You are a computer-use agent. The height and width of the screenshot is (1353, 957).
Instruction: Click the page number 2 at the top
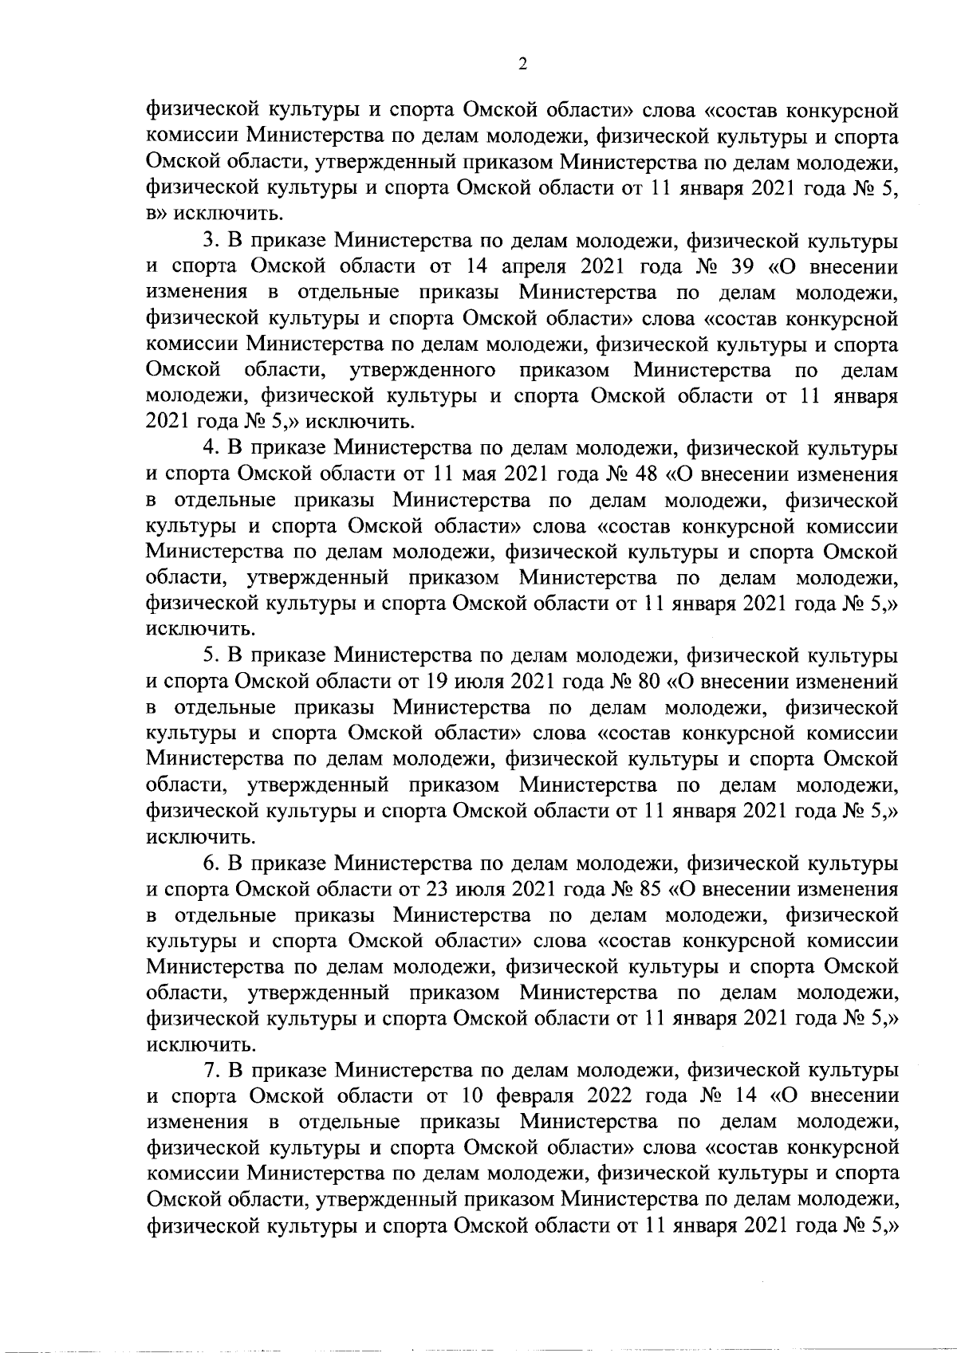(x=522, y=65)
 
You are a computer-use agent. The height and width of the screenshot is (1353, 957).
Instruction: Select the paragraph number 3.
(x=211, y=241)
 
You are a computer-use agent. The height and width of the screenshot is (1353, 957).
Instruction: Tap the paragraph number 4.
(x=211, y=448)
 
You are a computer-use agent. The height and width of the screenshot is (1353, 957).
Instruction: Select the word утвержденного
(x=423, y=371)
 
